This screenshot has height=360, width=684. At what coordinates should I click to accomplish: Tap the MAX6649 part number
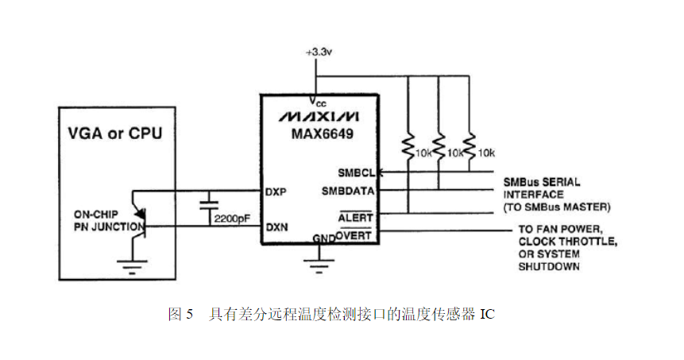tap(318, 134)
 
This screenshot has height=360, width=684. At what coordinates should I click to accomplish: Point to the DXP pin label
tap(276, 192)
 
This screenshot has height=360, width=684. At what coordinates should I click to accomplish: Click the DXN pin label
tap(276, 226)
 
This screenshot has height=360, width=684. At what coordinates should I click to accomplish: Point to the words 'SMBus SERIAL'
tap(541, 182)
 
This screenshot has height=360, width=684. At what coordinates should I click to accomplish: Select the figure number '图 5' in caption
tap(181, 315)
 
